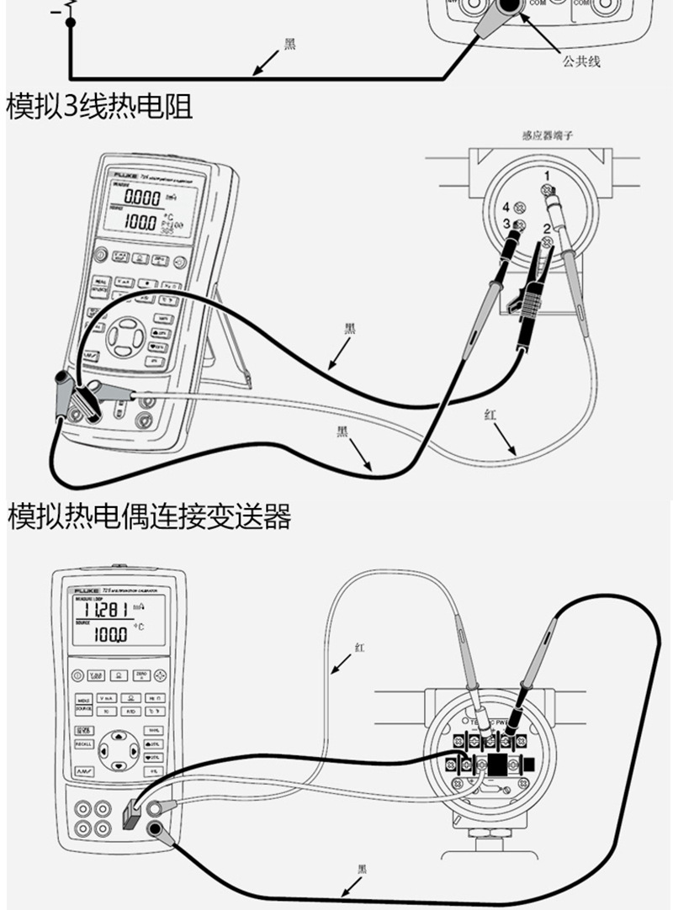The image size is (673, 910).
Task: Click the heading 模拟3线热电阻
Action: pyautogui.click(x=99, y=108)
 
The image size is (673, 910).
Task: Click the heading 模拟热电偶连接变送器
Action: pyautogui.click(x=150, y=516)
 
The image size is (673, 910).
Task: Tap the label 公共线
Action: pyautogui.click(x=581, y=61)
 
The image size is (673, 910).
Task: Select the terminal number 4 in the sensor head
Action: pyautogui.click(x=506, y=207)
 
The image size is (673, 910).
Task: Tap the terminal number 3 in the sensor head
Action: pyautogui.click(x=506, y=224)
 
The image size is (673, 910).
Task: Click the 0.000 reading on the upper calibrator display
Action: pyautogui.click(x=136, y=198)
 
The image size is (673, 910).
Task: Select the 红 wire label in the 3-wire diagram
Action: pyautogui.click(x=490, y=415)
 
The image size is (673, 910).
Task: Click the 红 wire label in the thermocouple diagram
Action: pyautogui.click(x=360, y=648)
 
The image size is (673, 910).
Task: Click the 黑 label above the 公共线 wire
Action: pyautogui.click(x=290, y=45)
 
